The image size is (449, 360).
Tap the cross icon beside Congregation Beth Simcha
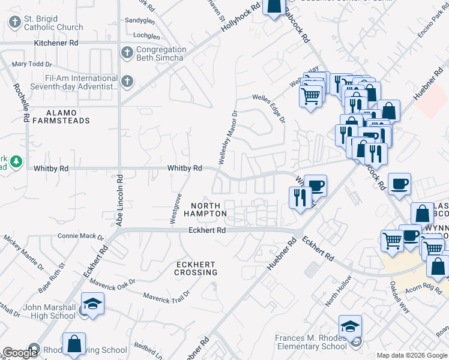point(127,53)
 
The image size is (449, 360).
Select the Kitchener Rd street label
point(56,43)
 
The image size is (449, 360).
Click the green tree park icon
point(16,161)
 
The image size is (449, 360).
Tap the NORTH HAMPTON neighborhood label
point(205,209)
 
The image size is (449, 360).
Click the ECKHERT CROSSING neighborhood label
point(196,268)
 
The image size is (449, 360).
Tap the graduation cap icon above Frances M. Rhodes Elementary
point(350,326)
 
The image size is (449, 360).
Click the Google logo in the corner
point(20,353)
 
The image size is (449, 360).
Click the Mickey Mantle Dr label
point(23,251)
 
